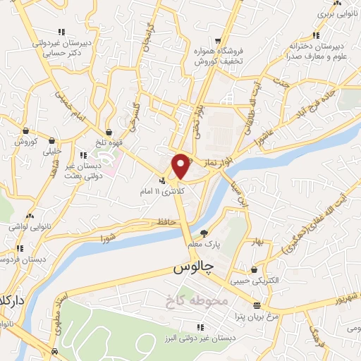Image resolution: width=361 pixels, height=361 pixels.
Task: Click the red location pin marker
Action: pyautogui.click(x=181, y=165)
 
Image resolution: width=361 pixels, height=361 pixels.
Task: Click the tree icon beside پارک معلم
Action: pyautogui.click(x=204, y=233)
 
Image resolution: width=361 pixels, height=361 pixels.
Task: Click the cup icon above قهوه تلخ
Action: pyautogui.click(x=109, y=131)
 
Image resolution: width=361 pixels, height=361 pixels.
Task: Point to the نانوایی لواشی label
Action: pyautogui.click(x=28, y=227)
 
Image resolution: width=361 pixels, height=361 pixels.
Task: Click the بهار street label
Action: pyautogui.click(x=258, y=242)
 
